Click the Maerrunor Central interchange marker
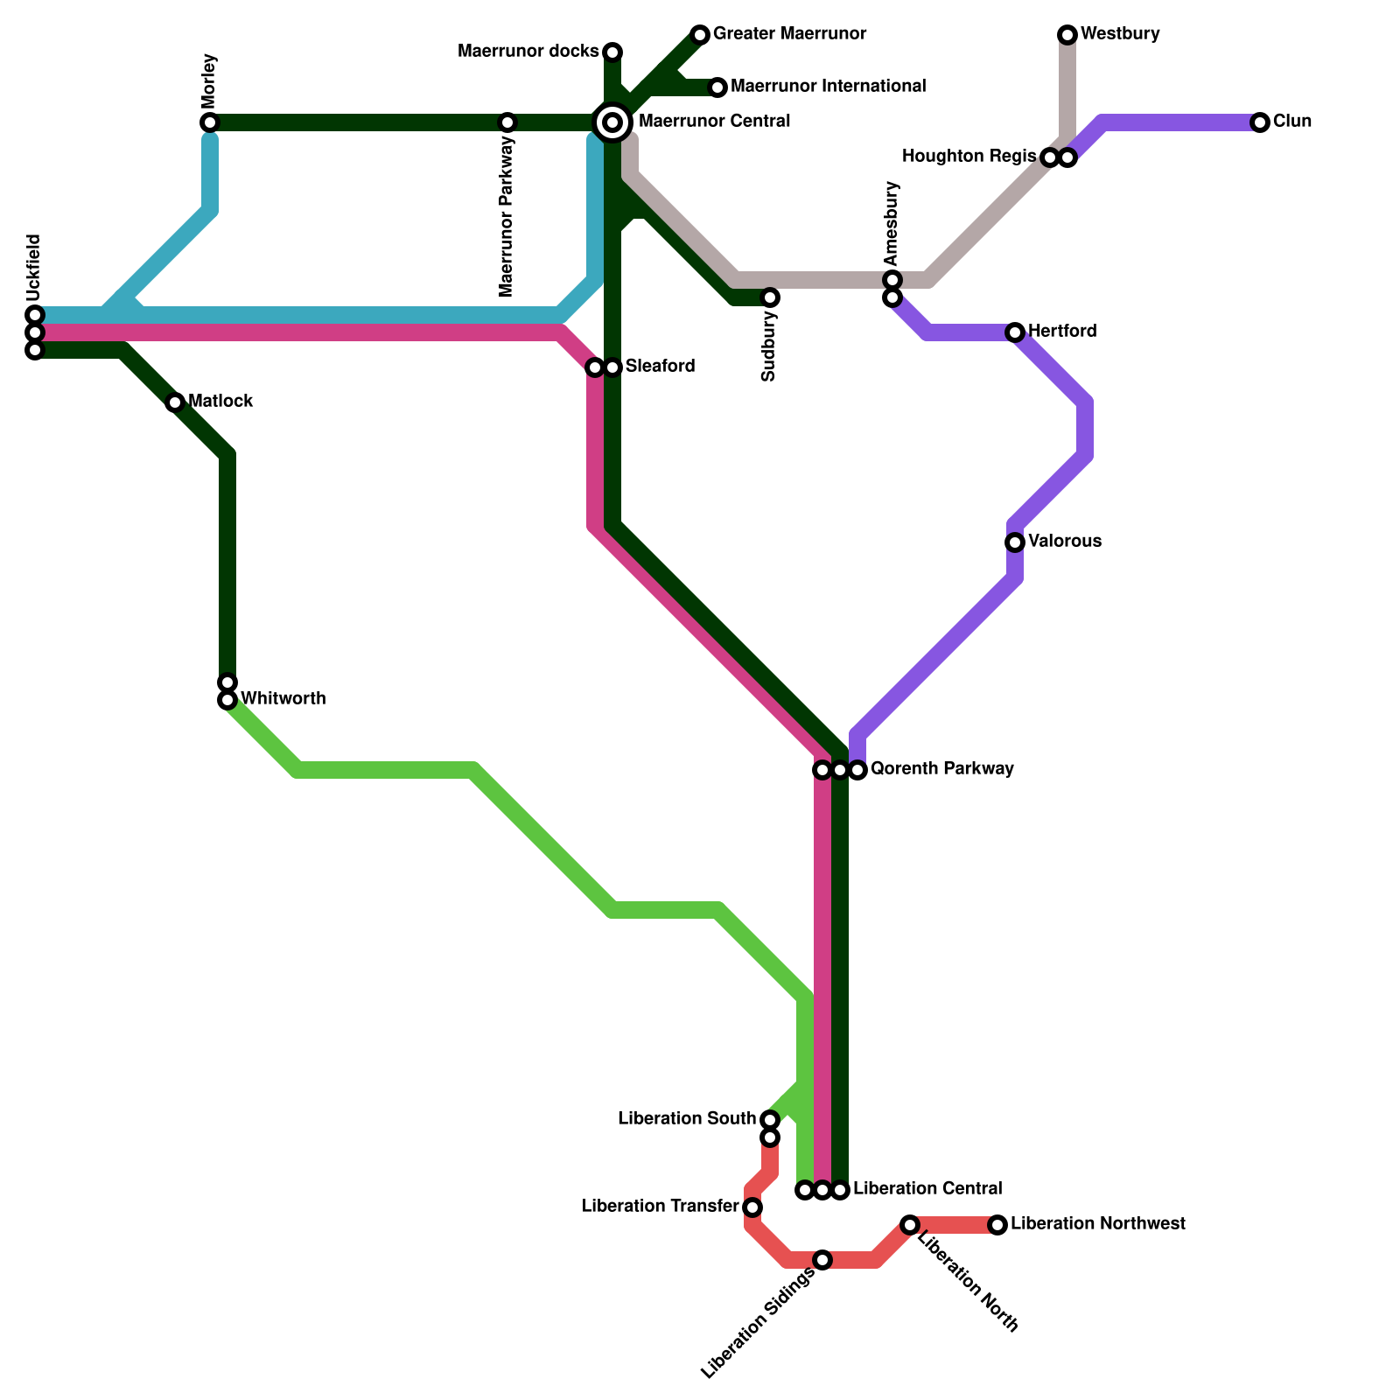tap(612, 122)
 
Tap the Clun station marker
tap(1259, 122)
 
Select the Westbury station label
tap(1120, 34)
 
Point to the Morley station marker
tap(209, 122)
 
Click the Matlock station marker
tap(175, 402)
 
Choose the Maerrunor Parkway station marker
tap(507, 122)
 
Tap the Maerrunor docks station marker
tap(612, 52)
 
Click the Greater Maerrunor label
tap(789, 34)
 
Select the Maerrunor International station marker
tap(717, 87)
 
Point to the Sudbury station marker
tap(770, 297)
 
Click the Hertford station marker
tap(1015, 332)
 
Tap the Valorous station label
tap(1064, 542)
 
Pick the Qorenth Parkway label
tap(941, 769)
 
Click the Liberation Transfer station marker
tap(752, 1207)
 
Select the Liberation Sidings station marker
tap(822, 1260)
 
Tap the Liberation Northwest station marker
tap(997, 1225)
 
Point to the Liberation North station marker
tap(910, 1225)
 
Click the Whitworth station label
tap(283, 699)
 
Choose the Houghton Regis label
tap(969, 157)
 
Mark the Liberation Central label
tap(927, 1189)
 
